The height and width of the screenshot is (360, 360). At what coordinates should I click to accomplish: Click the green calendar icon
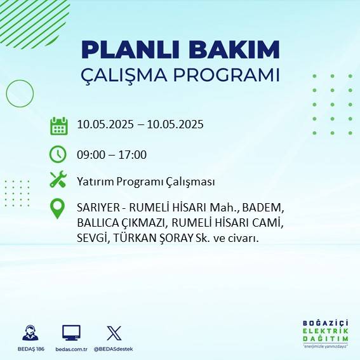(58, 125)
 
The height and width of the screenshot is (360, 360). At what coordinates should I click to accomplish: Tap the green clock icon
(58, 154)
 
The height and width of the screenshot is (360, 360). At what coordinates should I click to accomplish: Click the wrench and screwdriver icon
(58, 180)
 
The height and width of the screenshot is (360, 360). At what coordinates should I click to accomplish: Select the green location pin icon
(58, 208)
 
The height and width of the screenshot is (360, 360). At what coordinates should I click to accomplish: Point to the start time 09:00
(90, 155)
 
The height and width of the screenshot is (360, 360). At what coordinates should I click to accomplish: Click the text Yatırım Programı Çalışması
(145, 182)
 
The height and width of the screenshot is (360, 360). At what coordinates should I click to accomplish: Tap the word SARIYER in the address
(97, 208)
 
